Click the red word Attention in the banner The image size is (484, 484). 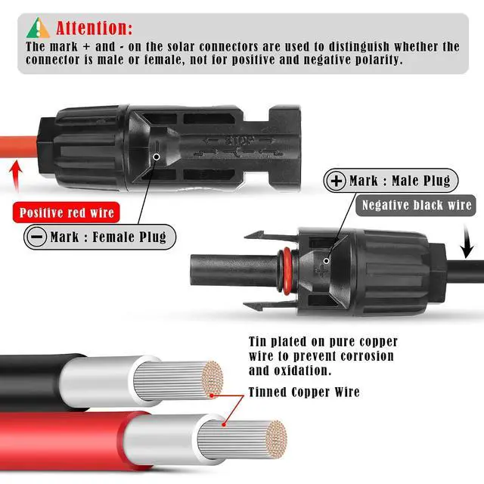point(94,28)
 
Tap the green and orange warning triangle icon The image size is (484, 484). point(38,28)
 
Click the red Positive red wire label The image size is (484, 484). point(67,213)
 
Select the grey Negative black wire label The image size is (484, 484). point(417,205)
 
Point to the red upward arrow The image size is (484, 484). point(16,176)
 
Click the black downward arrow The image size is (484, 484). point(467,241)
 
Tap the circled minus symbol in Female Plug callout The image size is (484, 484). point(37,237)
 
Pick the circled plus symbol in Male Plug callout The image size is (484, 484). point(336,181)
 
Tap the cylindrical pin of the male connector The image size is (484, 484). point(234,271)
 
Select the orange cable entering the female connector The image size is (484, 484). point(18,147)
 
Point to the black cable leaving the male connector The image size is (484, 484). point(464,275)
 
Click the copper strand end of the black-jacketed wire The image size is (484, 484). point(213,379)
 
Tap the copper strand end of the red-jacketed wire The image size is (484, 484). point(277,439)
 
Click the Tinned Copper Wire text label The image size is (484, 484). point(304,392)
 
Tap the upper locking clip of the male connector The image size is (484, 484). point(271,235)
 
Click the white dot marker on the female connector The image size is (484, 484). point(157,157)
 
